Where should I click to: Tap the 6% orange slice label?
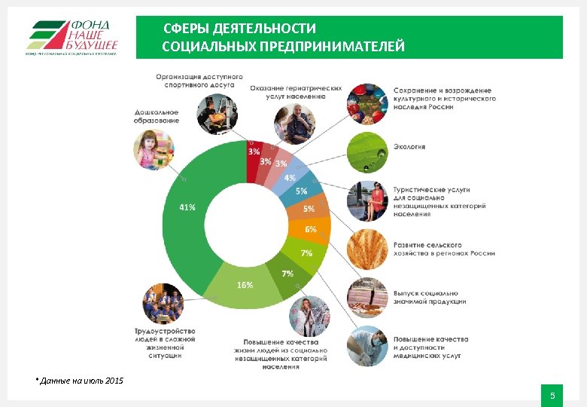coord(310,228)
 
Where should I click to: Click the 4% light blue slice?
coord(290,178)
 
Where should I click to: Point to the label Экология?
coord(409,147)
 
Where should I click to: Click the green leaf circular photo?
coord(366,153)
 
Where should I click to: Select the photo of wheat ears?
coord(366,248)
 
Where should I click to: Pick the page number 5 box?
coord(552,396)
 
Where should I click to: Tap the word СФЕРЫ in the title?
coord(187,29)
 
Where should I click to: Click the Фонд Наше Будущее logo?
coord(72,37)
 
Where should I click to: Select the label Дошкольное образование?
coord(157,117)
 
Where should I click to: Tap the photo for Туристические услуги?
coord(366,200)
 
